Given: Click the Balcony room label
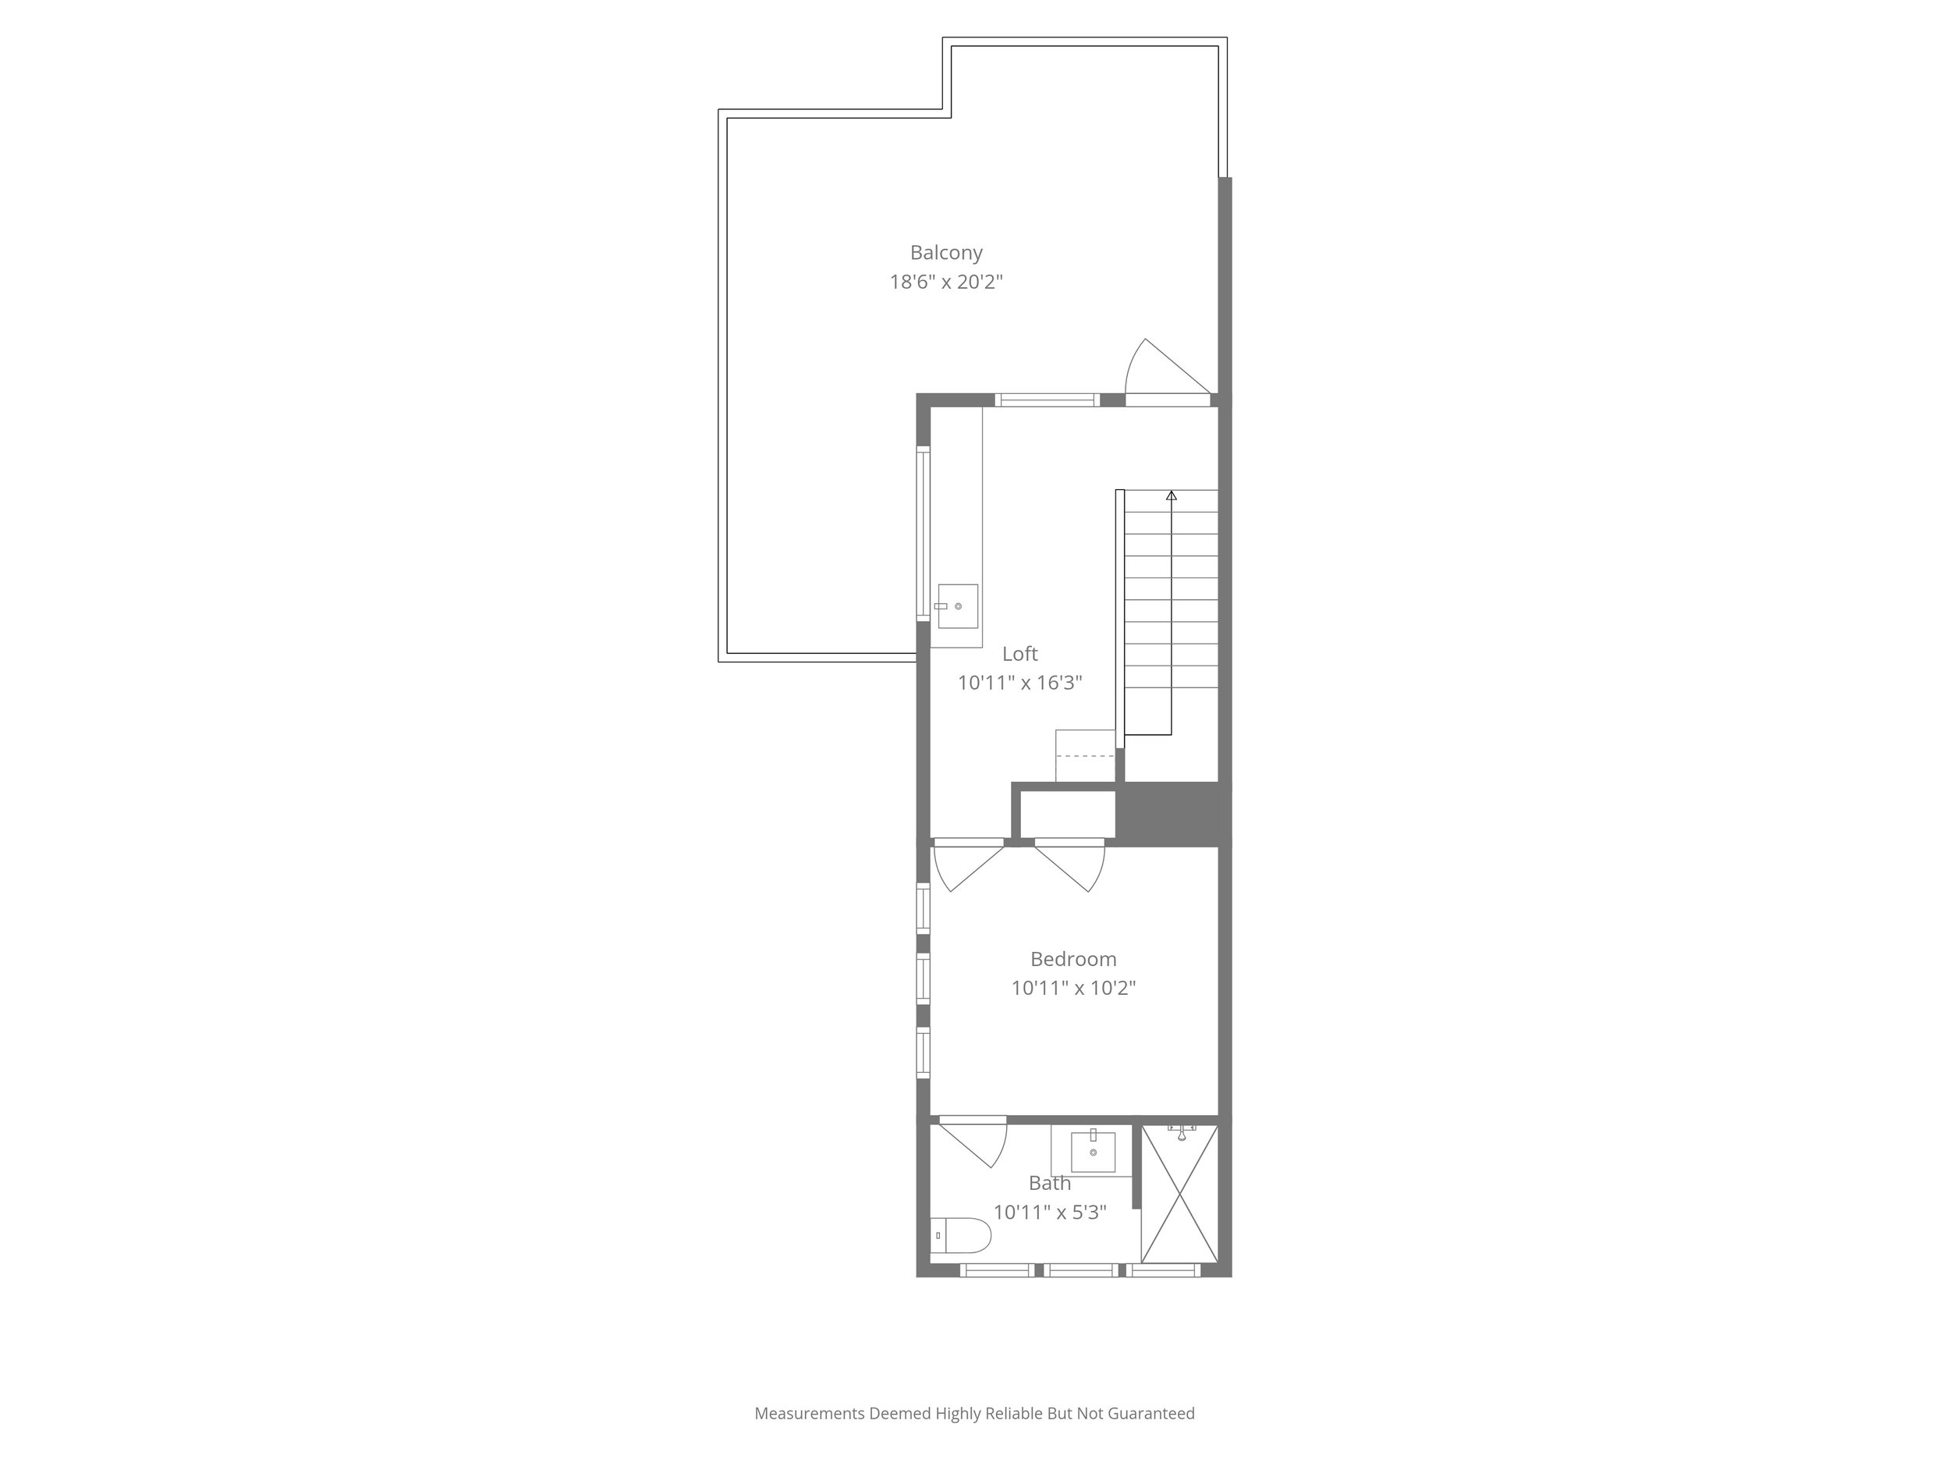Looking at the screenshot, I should point(946,253).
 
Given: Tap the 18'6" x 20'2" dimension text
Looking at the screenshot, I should point(946,282).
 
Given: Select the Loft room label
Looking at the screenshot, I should point(1020,653).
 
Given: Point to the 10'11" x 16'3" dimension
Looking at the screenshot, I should point(1020,683).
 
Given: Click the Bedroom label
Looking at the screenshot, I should point(1072,959).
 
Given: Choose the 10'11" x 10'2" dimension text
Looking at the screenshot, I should point(1072,988).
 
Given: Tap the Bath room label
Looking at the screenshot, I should point(1050,1184).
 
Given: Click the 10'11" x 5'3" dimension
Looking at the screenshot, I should point(1050,1213).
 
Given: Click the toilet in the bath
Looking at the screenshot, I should point(961,1235).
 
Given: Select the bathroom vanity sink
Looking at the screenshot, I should point(1093,1152).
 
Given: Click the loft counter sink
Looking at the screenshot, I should point(957,605).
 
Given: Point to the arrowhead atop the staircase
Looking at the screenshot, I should point(1172,495).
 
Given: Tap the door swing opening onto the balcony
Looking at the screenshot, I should point(1162,371).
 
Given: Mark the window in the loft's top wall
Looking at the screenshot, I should point(1048,399).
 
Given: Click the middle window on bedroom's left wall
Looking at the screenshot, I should point(923,978).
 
